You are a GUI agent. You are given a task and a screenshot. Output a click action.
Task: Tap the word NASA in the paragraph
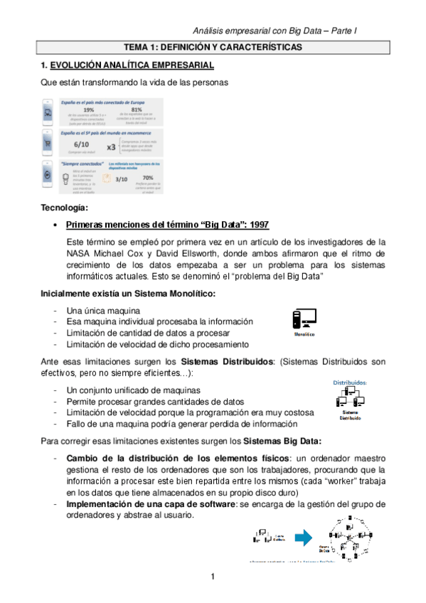click(80, 253)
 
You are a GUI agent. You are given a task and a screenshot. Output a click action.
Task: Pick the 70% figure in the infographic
click(148, 177)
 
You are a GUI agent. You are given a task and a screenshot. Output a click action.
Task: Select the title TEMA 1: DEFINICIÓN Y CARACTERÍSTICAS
click(213, 47)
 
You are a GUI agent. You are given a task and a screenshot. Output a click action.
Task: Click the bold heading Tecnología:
click(65, 208)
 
